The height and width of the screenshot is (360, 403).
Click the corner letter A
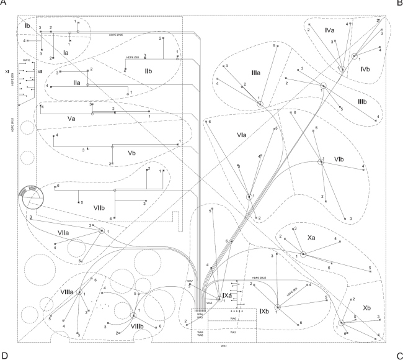coord(4,2)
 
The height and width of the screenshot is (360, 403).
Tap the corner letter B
coord(399,2)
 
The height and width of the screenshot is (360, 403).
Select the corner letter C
coord(399,356)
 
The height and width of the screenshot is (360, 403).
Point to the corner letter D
coord(4,356)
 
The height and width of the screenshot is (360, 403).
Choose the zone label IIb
coord(149,73)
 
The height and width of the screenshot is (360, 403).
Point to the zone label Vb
coord(131,153)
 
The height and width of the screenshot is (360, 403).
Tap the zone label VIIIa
coord(67,290)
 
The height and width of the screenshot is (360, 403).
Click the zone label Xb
coord(366,308)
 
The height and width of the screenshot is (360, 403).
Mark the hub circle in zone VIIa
coord(102,231)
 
